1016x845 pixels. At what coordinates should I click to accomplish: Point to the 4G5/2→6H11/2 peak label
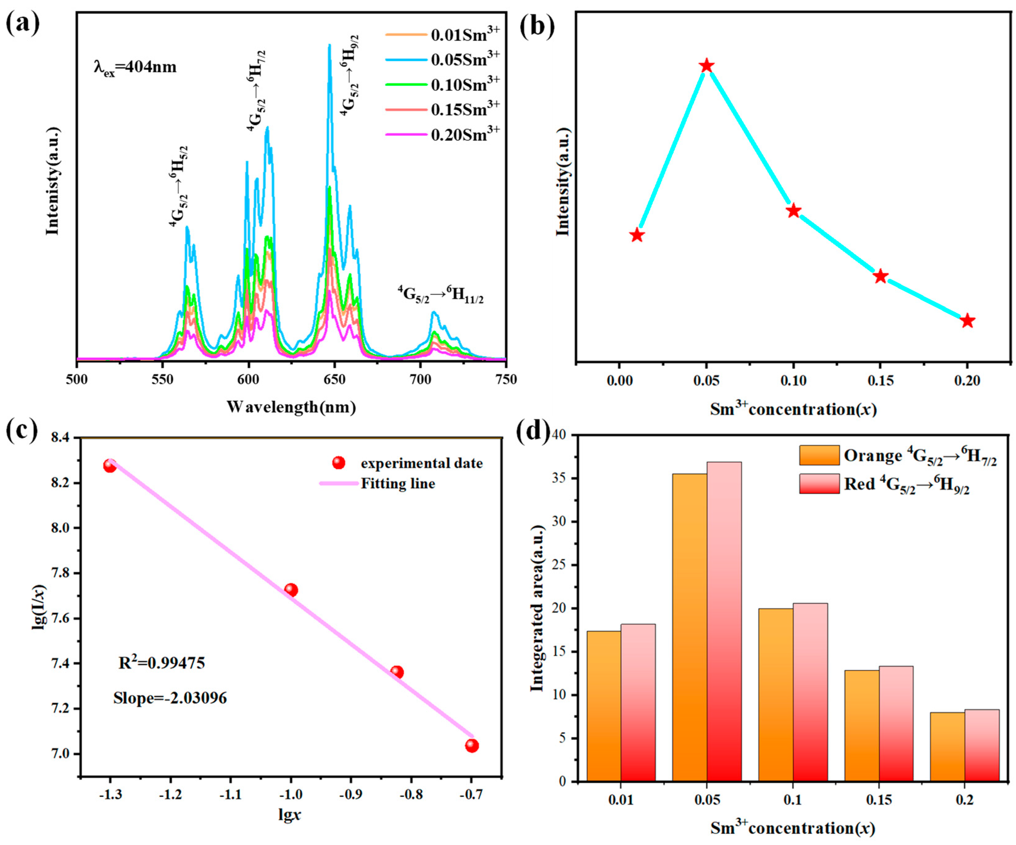(440, 294)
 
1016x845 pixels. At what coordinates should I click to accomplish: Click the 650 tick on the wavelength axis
(334, 379)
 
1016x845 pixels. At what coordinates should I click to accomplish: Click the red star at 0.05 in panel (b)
(707, 66)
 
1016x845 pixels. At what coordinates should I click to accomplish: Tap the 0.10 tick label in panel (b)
(793, 381)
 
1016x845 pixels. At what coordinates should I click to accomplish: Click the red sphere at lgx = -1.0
(291, 590)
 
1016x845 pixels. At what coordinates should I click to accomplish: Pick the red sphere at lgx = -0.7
(472, 745)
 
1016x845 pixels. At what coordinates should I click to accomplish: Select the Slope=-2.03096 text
(170, 698)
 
